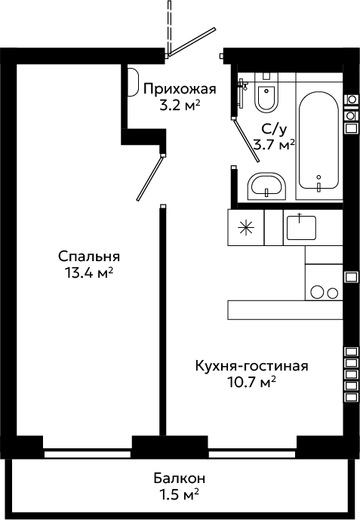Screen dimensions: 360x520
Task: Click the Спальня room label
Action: [89, 257]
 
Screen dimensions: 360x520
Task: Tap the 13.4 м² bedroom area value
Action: [89, 273]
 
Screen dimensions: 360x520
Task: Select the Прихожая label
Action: [180, 89]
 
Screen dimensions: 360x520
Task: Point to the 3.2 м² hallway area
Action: [180, 106]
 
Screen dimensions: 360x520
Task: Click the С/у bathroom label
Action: [273, 130]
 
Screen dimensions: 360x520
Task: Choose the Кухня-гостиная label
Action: [251, 366]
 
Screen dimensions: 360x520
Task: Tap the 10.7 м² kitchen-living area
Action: [251, 383]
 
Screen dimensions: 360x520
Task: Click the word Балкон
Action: [180, 478]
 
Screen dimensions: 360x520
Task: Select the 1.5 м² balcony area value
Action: [180, 495]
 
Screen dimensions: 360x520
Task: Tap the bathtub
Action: [318, 140]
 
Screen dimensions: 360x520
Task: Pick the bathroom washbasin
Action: [266, 186]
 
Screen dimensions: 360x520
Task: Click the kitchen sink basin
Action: [301, 227]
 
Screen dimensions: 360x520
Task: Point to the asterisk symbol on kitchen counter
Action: [245, 227]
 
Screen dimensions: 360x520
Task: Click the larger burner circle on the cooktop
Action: [317, 291]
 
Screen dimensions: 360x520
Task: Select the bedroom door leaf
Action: [150, 179]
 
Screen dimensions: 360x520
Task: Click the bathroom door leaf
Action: [246, 140]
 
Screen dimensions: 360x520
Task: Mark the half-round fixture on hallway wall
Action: [133, 82]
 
